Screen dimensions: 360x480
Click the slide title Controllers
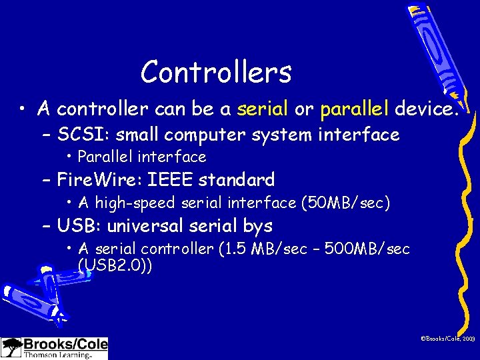tap(216, 72)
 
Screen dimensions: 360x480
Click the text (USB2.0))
tap(115, 265)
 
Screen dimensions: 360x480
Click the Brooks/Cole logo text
tap(65, 345)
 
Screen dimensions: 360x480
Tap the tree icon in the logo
tap(11, 347)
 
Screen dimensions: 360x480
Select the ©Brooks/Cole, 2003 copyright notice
tap(447, 339)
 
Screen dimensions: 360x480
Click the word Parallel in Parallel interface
tap(105, 157)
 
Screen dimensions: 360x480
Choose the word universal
tap(147, 225)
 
